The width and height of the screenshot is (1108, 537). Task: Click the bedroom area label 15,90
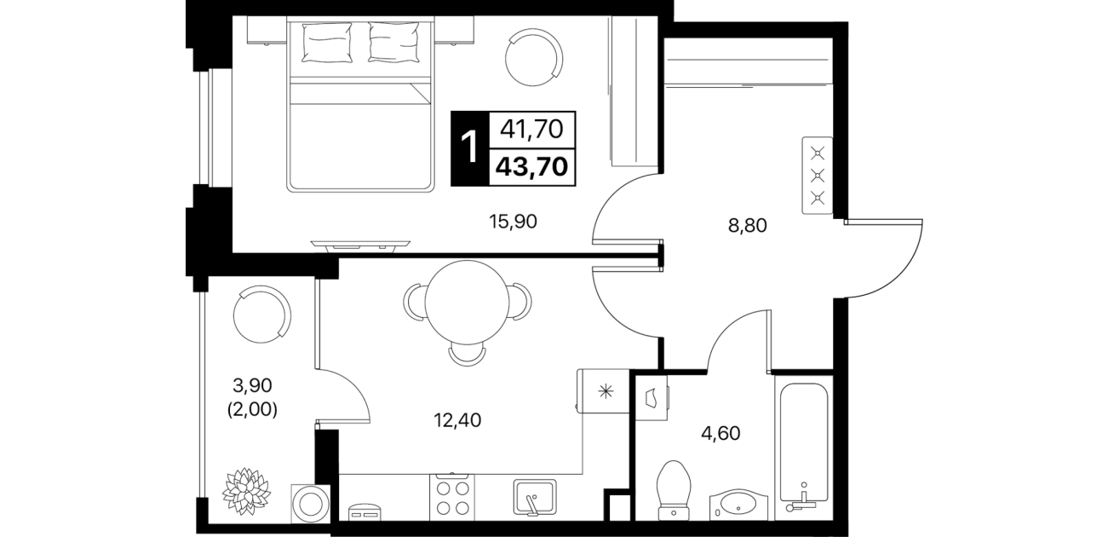pos(513,222)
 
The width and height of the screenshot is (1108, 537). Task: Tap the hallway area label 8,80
pos(748,226)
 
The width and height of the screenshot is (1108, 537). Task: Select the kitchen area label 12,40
pos(457,421)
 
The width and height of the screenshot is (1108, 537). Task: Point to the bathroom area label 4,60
pos(720,434)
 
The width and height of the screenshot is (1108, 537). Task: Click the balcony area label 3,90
pos(252,384)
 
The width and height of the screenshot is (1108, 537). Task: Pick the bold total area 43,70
pos(531,167)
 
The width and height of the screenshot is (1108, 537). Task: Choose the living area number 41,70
pos(531,130)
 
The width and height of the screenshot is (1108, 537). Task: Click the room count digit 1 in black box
pos(469,148)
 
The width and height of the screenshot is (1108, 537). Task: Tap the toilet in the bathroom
pos(674,491)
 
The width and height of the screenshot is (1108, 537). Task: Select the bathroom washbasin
pos(738,505)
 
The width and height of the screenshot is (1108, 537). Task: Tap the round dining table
pos(467,303)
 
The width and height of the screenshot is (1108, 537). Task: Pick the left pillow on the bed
pos(327,43)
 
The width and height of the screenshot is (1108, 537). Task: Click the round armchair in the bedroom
pos(534,57)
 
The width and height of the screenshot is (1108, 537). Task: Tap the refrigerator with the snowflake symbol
pos(603,391)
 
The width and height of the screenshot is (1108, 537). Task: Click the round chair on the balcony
pos(262,315)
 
